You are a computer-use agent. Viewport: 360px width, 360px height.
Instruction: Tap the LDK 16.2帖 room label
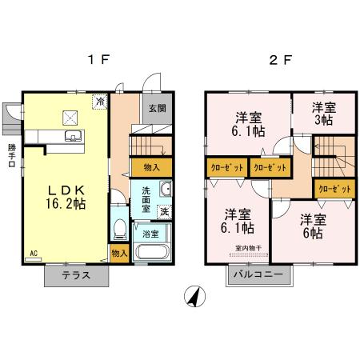(66, 198)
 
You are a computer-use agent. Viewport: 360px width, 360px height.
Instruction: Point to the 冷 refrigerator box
(100, 102)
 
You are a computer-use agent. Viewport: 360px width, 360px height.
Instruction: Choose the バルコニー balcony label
(258, 276)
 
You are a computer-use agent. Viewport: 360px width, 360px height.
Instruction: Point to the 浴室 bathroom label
(151, 234)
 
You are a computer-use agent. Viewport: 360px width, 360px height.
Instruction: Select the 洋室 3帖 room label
(323, 114)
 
